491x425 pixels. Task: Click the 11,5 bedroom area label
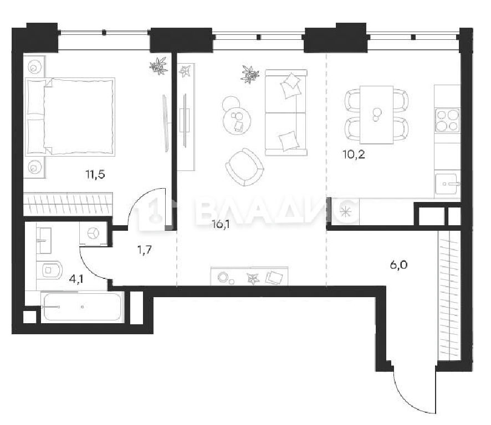(95, 174)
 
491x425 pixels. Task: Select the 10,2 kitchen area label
(354, 154)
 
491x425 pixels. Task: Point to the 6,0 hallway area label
(398, 265)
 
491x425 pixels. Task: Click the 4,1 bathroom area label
(76, 279)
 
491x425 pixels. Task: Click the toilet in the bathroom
(49, 270)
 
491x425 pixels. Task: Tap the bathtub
(82, 307)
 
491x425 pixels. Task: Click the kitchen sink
(447, 184)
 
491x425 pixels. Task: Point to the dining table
(376, 115)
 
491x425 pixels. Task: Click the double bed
(70, 117)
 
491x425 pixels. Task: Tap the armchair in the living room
(245, 167)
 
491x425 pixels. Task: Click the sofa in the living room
(286, 112)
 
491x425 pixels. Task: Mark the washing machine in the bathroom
(93, 234)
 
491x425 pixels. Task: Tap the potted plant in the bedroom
(159, 66)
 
